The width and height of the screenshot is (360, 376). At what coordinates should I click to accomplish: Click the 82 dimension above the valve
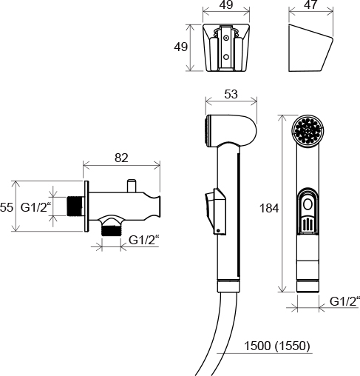pos(121,158)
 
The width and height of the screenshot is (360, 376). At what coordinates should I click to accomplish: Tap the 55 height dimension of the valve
pos(6,207)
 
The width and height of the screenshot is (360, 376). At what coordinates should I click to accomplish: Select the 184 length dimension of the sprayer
pos(269,208)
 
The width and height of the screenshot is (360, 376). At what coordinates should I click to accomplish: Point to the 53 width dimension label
pos(231,94)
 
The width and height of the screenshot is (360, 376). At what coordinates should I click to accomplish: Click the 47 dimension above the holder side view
pos(310,4)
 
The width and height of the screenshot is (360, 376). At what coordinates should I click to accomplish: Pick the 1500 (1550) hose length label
pos(276,346)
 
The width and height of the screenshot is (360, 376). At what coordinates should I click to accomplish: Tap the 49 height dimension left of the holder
pos(180,47)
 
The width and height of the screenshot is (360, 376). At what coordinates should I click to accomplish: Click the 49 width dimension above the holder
pos(226,4)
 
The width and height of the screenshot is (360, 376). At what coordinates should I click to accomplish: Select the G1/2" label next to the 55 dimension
pos(36,207)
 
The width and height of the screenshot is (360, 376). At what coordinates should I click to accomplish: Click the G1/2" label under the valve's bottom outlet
pos(144,240)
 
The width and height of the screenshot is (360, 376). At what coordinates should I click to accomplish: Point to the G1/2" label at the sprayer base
pos(344,301)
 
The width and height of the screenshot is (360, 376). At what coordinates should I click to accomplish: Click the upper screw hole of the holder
pos(225,38)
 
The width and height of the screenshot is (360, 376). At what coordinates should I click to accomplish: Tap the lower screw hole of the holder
pos(225,57)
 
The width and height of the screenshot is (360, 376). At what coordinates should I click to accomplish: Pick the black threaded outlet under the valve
pos(111,231)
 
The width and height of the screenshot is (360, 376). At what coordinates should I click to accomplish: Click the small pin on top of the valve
pos(132,187)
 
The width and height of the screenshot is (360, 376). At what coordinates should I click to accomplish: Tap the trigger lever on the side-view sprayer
pos(216,211)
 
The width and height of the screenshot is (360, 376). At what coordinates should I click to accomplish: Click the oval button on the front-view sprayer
pos(308,205)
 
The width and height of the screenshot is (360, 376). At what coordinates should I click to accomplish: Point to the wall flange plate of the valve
pos(86,207)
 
